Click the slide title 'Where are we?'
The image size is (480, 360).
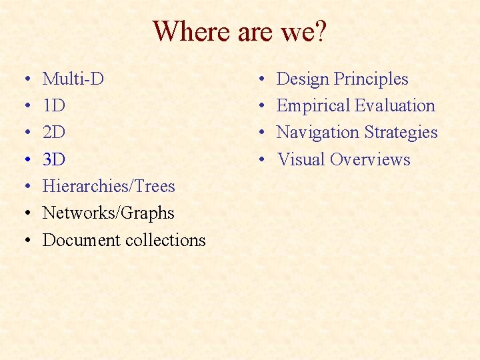[240, 31]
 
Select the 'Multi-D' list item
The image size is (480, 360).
[73, 79]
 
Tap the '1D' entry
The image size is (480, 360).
[54, 106]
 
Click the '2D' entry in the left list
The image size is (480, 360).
[54, 133]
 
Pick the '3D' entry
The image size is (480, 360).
[54, 160]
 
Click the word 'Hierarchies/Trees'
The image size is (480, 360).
[109, 187]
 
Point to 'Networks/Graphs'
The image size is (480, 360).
[108, 213]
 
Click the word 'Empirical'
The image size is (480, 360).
[313, 106]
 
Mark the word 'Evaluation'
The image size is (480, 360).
[395, 106]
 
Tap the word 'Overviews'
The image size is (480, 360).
[370, 160]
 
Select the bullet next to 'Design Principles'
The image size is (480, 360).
[263, 80]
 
